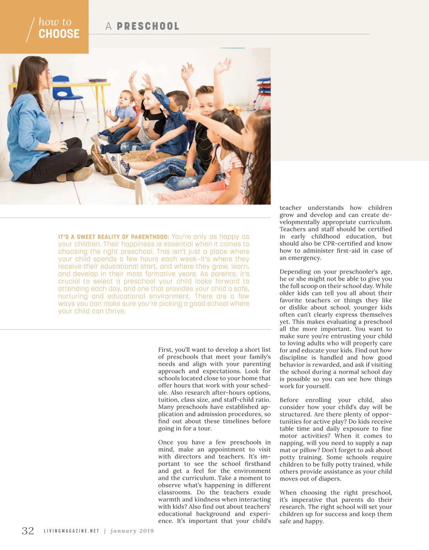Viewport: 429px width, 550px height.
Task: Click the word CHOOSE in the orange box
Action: click(x=59, y=34)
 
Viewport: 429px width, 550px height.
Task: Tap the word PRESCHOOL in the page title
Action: click(x=148, y=26)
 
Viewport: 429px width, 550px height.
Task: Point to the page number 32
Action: click(x=28, y=531)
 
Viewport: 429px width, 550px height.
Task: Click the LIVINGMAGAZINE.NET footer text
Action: click(x=71, y=531)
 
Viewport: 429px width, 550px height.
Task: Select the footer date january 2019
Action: click(x=132, y=531)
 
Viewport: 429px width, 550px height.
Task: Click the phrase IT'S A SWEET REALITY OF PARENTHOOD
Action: click(x=113, y=237)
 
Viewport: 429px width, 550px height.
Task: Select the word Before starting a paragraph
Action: click(x=289, y=400)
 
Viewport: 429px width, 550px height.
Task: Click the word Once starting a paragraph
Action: click(x=166, y=442)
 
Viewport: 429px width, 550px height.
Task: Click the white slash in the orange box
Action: click(x=31, y=29)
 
